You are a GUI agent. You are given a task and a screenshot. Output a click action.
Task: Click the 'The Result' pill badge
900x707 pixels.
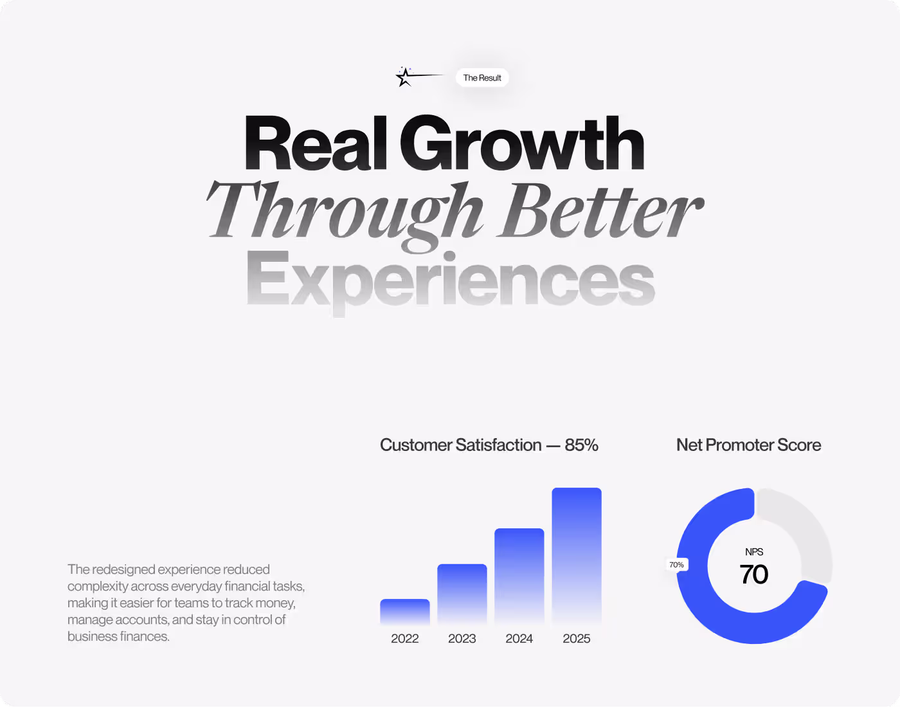pos(482,77)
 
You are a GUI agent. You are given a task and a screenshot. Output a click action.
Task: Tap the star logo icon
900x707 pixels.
pos(404,77)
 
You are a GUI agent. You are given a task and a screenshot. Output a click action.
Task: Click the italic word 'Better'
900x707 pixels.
pos(600,210)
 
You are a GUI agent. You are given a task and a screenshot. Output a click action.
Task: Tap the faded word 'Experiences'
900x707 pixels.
pos(450,282)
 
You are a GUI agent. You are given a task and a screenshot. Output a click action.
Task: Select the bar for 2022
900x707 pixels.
pos(404,612)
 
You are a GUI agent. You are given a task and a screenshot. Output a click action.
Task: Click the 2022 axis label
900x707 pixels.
pos(404,639)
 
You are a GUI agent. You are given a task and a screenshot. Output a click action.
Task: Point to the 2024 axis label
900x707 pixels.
pos(519,639)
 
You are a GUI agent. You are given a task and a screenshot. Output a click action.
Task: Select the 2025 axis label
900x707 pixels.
pos(577,639)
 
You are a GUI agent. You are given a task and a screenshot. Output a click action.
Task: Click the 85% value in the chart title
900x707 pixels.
pos(582,445)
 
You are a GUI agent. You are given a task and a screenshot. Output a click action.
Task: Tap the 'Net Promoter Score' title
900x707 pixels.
pos(748,445)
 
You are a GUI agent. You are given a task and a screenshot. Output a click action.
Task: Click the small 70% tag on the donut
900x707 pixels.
pos(676,565)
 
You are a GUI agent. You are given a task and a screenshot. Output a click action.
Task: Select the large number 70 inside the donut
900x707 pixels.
pos(754,574)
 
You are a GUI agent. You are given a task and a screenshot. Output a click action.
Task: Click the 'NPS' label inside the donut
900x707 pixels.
pos(754,552)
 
